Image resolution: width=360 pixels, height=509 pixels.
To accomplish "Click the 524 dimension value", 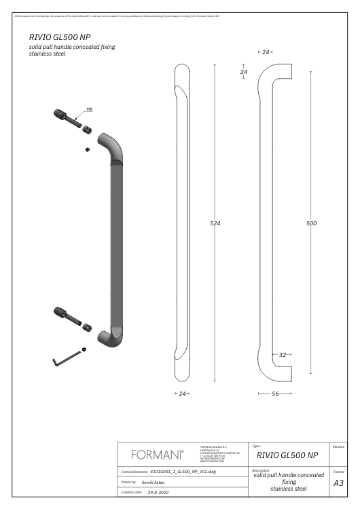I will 215,223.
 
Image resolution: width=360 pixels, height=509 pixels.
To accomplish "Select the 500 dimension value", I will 312,223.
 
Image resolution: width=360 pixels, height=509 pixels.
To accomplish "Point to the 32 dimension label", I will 283,355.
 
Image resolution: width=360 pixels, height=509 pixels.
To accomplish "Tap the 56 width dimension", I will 276,393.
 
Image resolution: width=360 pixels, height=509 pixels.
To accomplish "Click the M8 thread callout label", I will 90,109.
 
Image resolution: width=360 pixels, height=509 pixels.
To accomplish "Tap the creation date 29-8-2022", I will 158,493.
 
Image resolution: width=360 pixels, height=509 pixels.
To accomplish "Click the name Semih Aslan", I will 154,481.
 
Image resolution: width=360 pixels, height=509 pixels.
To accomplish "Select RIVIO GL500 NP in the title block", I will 284,455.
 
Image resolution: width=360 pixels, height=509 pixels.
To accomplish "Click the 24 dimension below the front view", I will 181,393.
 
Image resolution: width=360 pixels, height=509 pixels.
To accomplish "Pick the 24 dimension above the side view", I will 266,52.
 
